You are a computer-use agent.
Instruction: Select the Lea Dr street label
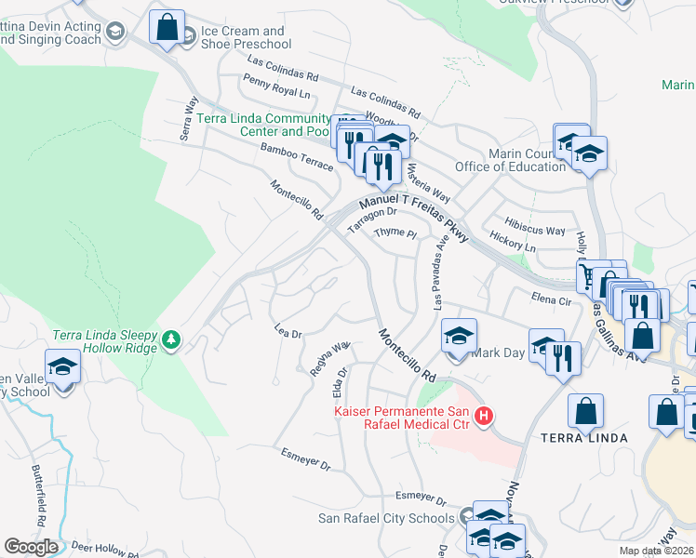click(x=288, y=333)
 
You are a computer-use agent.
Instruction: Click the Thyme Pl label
click(x=395, y=232)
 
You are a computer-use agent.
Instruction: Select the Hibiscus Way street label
click(x=535, y=231)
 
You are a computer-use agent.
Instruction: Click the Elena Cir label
click(x=550, y=299)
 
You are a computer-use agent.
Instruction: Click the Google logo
click(x=30, y=547)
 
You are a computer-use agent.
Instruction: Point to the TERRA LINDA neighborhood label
click(x=583, y=437)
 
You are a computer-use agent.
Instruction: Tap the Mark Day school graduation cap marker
click(x=458, y=337)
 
